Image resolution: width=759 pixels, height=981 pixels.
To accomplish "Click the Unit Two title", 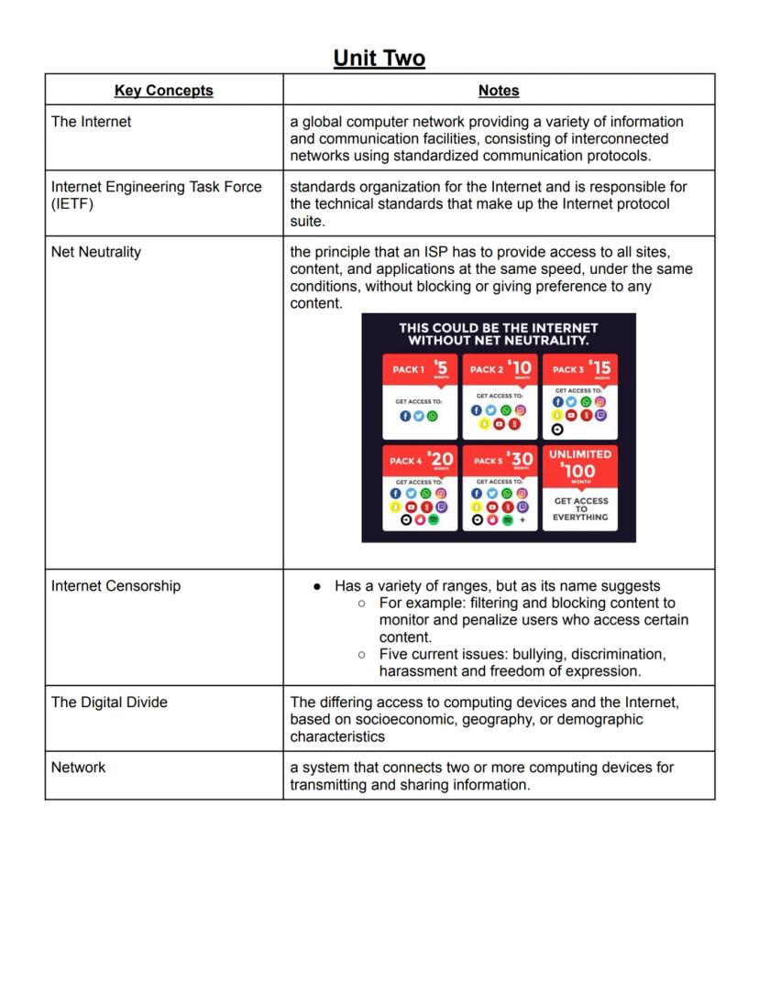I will click(379, 59).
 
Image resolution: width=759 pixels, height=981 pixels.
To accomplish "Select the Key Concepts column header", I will click(163, 91).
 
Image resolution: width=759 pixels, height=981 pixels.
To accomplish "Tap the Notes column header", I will click(499, 91).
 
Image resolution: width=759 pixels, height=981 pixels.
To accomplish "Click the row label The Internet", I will click(91, 122).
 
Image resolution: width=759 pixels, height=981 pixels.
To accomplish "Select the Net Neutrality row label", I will click(96, 252).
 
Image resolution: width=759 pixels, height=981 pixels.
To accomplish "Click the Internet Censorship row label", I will click(115, 586).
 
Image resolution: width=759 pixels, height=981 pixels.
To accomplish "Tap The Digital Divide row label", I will click(109, 703).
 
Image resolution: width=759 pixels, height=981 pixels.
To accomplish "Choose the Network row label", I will click(78, 768).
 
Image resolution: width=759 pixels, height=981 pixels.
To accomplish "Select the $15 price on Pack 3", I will click(599, 367).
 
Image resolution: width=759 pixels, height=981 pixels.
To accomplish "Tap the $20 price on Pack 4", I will click(440, 459).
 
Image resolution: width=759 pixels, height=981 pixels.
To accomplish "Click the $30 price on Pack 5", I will click(521, 459).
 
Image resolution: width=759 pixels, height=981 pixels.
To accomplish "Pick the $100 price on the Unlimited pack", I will click(580, 471).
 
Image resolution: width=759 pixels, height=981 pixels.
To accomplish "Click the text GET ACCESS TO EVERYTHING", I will click(580, 509).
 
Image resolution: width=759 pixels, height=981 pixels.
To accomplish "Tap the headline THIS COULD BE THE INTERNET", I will click(498, 328).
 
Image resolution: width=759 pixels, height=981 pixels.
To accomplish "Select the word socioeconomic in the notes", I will click(403, 720).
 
